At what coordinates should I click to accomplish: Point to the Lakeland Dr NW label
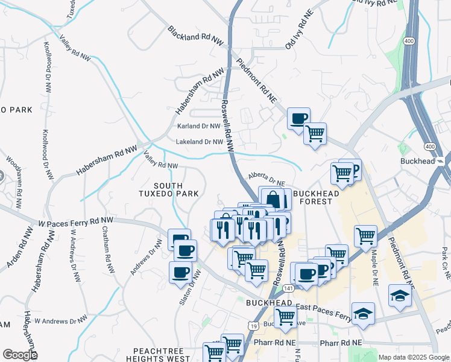(x=200, y=142)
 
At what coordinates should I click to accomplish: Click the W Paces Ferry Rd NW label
(x=76, y=221)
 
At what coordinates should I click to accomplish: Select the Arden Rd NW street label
(x=19, y=249)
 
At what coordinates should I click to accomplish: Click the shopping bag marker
(x=273, y=198)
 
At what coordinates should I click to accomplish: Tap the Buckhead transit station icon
(x=441, y=161)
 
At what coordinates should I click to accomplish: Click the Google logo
(x=19, y=355)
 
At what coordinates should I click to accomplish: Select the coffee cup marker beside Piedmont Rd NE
(x=298, y=118)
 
